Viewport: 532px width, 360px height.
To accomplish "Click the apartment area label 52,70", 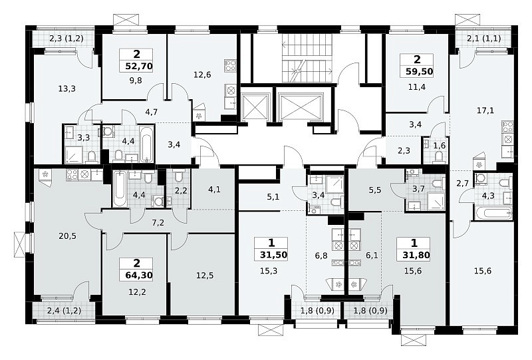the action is click(x=139, y=66).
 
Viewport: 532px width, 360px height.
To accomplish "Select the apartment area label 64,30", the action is click(x=139, y=275).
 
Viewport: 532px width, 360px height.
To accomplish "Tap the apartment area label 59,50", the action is click(x=420, y=72).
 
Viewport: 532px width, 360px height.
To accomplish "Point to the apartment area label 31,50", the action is click(x=274, y=255).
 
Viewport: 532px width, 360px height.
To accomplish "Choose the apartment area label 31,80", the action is click(x=416, y=255).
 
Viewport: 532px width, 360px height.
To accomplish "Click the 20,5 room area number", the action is click(x=68, y=236).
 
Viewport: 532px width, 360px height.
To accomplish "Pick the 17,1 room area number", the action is click(x=485, y=110).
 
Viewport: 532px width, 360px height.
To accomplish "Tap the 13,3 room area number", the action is click(x=67, y=89).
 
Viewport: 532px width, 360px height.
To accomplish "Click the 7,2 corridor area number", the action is click(x=158, y=223).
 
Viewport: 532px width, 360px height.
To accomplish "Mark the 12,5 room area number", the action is click(x=205, y=275).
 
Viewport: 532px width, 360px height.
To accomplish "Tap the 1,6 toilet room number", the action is click(x=440, y=146).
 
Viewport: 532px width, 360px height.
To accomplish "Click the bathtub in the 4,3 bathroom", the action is click(x=493, y=214).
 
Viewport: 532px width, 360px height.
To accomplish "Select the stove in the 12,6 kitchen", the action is click(x=231, y=65).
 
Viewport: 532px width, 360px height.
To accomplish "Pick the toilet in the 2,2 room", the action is click(x=179, y=176).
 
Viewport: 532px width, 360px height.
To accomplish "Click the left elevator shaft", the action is click(x=255, y=106).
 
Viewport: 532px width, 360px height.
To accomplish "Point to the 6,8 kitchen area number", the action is click(x=321, y=255).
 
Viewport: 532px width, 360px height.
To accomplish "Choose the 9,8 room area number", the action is click(x=136, y=81).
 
